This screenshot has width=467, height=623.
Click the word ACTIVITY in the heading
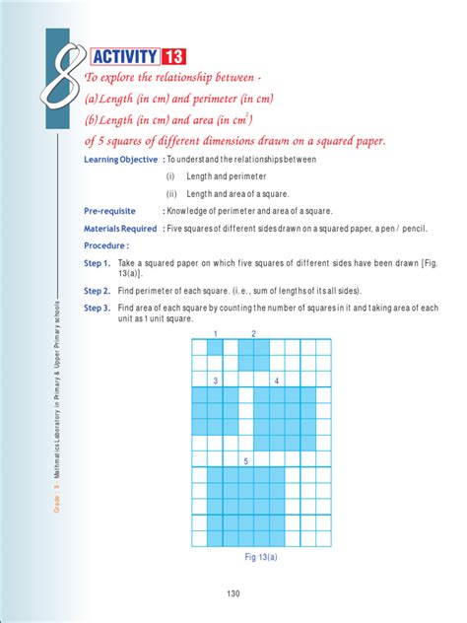[127, 56]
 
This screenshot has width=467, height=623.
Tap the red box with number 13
[185, 56]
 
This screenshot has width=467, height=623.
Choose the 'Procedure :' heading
[106, 245]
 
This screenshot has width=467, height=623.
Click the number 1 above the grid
[215, 334]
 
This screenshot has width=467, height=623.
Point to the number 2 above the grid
[253, 334]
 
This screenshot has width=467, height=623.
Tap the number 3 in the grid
[215, 381]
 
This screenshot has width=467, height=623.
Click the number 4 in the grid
[277, 381]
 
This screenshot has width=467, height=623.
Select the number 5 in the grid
[245, 460]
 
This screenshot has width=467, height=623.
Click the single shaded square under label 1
[215, 347]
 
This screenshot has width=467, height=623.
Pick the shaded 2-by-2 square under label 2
[253, 355]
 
